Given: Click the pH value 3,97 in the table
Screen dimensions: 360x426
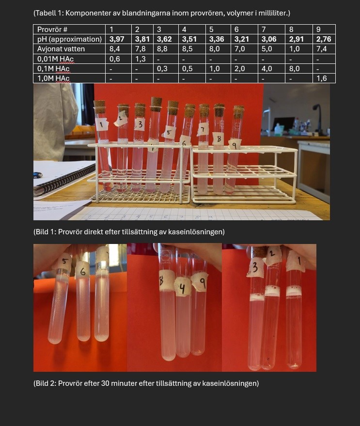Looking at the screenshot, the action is click(x=117, y=39).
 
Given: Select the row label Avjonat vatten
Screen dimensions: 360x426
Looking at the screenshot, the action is click(x=61, y=49).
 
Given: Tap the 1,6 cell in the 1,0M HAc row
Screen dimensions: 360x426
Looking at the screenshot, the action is click(x=321, y=78).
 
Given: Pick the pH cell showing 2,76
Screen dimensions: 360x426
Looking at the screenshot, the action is click(x=324, y=39).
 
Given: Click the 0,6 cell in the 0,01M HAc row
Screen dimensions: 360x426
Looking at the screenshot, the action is click(x=114, y=59).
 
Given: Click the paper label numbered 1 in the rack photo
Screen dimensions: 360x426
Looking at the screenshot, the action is click(x=102, y=125).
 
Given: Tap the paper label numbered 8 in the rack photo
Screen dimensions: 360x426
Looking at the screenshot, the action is click(x=219, y=138).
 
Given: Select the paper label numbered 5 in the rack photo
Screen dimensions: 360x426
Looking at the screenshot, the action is click(x=169, y=132).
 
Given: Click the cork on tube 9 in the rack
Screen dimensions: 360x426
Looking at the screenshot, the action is click(x=239, y=111).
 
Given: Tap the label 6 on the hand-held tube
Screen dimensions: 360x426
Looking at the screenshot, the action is click(x=82, y=271).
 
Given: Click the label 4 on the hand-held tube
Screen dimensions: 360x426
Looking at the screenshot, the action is click(x=183, y=288).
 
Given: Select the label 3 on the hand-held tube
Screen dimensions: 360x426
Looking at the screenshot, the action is click(x=255, y=268).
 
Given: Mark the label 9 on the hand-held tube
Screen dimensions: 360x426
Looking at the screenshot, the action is click(x=200, y=282).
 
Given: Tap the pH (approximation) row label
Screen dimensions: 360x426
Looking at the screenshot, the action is click(x=69, y=39).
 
